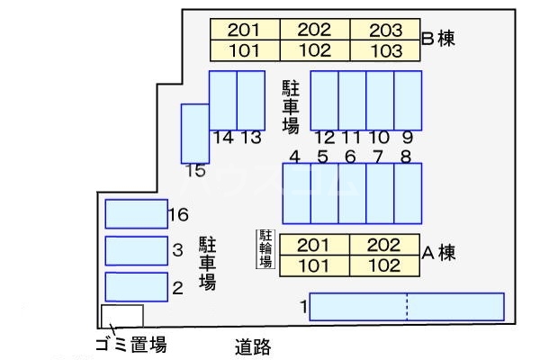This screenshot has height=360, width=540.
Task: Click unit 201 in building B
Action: click(244, 30)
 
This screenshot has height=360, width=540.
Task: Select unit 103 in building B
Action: click(385, 50)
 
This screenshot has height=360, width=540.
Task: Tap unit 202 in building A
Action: click(382, 245)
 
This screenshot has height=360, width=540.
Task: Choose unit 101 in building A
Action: click(313, 265)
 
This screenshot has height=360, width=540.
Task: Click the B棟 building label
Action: click(438, 39)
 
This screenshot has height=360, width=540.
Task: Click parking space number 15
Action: click(194, 133)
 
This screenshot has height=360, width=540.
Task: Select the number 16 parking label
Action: click(177, 214)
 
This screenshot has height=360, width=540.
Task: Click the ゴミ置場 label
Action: click(130, 345)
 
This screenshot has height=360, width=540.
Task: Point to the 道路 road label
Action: click(253, 346)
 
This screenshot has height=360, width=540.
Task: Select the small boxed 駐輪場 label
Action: click(265, 249)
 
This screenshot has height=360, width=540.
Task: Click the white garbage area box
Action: click(121, 315)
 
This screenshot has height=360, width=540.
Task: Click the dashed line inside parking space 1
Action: click(407, 307)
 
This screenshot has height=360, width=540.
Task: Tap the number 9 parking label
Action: click(408, 138)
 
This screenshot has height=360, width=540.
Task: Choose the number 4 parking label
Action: click(294, 157)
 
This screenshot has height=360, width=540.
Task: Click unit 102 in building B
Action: click(314, 50)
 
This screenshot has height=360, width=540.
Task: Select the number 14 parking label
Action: click(224, 138)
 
